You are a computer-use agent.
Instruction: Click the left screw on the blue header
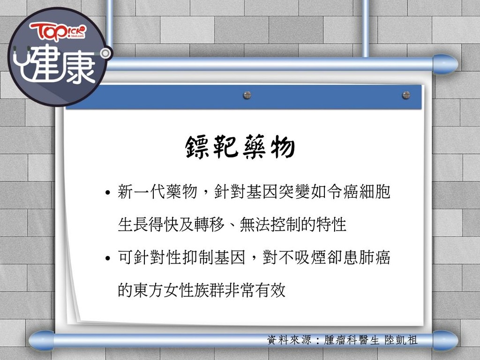point(247,95)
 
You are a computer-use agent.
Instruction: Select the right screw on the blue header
point(406,95)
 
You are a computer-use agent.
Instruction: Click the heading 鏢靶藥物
point(240,147)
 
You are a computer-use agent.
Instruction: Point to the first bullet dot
point(107,193)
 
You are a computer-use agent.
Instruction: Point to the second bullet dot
point(107,258)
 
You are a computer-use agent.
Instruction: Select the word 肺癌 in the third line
point(375,257)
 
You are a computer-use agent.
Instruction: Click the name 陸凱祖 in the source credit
point(401,340)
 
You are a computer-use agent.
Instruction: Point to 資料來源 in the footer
point(289,340)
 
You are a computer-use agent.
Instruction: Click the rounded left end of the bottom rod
point(41,340)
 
